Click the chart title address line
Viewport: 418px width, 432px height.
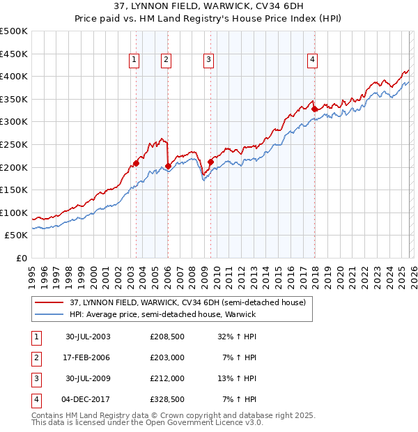click(208, 6)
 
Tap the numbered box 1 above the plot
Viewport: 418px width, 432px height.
click(133, 61)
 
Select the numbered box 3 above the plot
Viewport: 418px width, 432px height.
click(208, 61)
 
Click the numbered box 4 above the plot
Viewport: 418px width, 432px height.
click(312, 61)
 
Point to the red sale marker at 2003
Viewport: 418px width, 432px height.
click(136, 164)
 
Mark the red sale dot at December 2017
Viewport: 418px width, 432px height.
click(314, 109)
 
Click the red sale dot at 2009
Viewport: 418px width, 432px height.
click(210, 162)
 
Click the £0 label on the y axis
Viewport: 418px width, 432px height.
click(21, 258)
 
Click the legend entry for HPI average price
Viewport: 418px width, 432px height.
click(163, 314)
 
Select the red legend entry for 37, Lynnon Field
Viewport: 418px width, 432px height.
click(187, 302)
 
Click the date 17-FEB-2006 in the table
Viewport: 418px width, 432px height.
click(88, 357)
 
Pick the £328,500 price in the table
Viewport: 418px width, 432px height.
click(167, 400)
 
